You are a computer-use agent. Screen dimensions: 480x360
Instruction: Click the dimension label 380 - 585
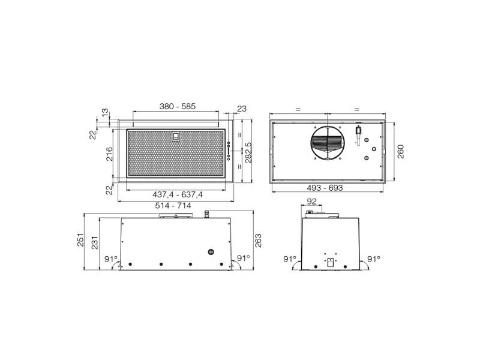[x=177, y=107]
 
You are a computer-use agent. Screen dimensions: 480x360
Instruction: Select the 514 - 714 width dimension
[x=173, y=206]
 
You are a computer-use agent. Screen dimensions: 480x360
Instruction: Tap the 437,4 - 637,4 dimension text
[x=178, y=194]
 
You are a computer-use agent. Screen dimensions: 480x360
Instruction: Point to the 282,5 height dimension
[x=248, y=152]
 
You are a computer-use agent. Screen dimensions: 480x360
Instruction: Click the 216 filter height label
[x=109, y=154]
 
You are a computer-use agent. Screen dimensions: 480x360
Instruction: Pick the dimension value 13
[x=105, y=112]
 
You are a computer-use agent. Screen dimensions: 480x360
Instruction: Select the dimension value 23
[x=242, y=109]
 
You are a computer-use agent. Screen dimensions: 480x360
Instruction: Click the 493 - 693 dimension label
[x=325, y=188]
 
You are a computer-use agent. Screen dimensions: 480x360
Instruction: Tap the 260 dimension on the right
[x=400, y=152]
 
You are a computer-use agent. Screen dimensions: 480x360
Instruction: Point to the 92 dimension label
[x=311, y=202]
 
